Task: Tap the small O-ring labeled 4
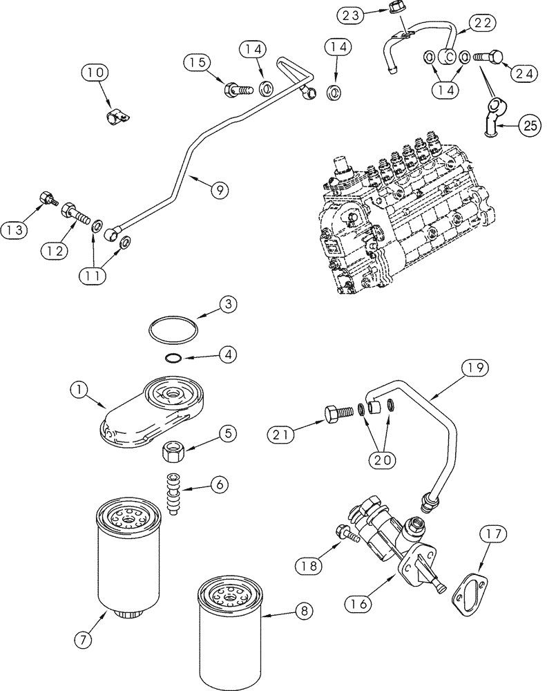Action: (174, 357)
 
